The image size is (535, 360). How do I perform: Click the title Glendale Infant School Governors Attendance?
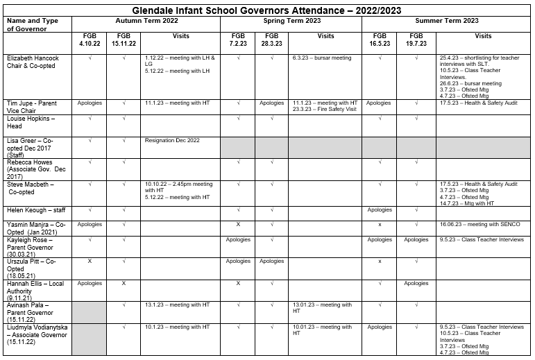coord(266,10)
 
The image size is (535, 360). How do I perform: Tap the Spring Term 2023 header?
coord(291,21)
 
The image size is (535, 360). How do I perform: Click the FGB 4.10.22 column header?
coord(90,40)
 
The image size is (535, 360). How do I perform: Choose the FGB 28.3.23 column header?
coord(271,40)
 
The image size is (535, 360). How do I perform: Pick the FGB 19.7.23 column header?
coord(416,40)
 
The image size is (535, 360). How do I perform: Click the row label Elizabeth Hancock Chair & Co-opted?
coord(33,62)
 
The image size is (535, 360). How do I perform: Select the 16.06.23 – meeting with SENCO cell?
coord(479,224)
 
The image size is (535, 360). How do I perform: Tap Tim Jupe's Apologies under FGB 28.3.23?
coord(271,103)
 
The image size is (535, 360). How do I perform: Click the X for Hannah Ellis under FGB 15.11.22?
coord(124,283)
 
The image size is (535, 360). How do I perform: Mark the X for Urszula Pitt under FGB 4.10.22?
coord(90,261)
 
